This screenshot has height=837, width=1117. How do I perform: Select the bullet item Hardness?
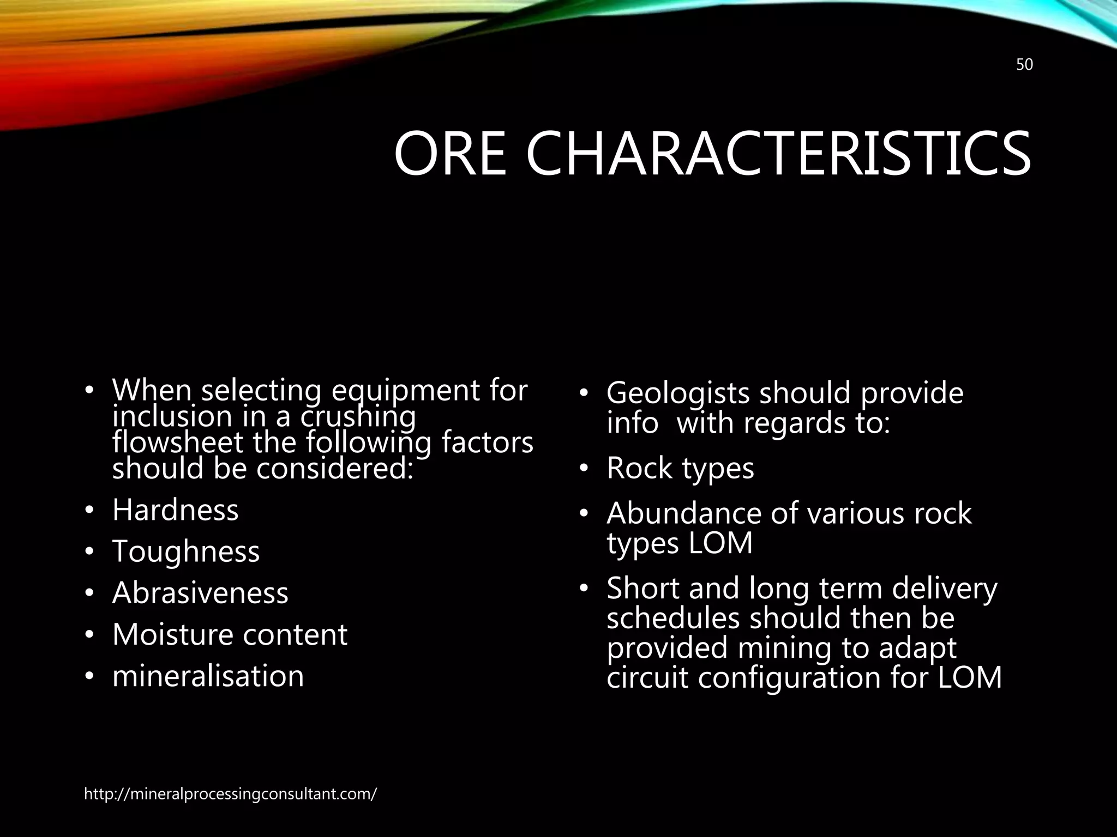coord(175,510)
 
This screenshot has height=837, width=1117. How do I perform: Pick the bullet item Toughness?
coord(186,551)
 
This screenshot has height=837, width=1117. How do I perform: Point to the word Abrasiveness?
coord(200,593)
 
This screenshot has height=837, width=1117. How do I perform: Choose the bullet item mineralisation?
coord(208,676)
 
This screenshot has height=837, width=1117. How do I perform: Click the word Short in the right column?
coord(643,589)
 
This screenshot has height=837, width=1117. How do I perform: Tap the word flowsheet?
coord(177,442)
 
